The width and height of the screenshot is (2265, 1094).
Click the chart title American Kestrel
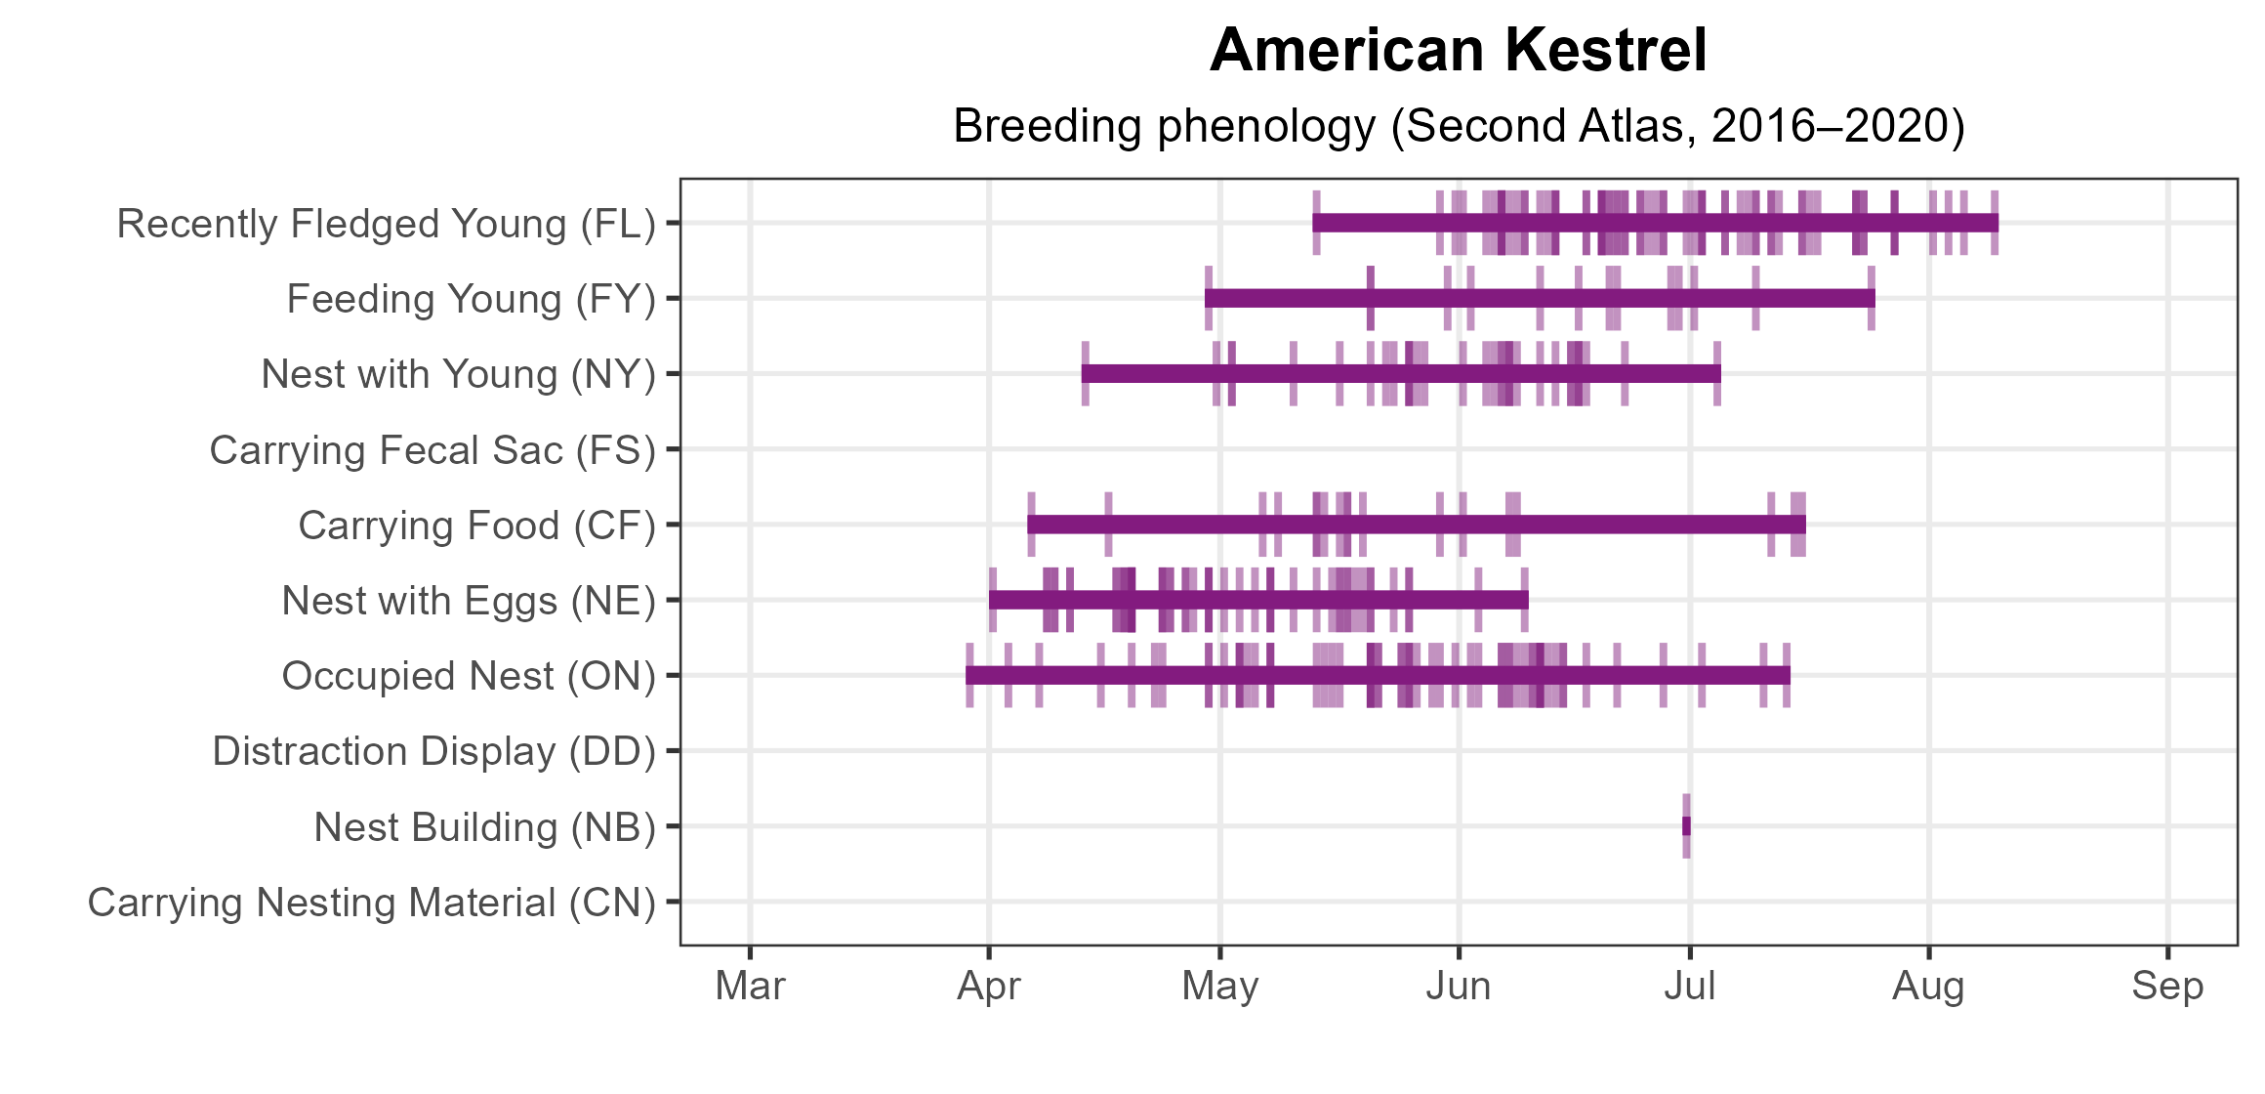point(1458,51)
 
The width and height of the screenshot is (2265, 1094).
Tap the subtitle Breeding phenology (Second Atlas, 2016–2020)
point(1458,126)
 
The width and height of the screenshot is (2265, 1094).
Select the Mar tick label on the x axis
point(750,987)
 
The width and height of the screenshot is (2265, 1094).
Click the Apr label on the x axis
point(988,987)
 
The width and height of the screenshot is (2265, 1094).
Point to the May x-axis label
point(1219,987)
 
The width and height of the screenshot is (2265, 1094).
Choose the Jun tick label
point(1458,987)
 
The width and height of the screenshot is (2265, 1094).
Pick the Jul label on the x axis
point(1689,987)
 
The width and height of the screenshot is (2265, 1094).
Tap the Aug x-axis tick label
point(1928,987)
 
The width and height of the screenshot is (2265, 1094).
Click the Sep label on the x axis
point(2166,987)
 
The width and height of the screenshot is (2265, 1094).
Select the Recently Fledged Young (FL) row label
point(386,224)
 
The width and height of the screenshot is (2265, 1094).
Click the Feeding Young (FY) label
point(471,299)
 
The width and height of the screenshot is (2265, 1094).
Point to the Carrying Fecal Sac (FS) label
point(432,450)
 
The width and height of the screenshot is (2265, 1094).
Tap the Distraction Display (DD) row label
point(433,752)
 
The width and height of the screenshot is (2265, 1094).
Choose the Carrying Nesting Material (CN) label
point(371,903)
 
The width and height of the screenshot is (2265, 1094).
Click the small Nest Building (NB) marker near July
point(1686,826)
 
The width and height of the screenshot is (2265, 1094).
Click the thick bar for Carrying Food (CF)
point(1416,525)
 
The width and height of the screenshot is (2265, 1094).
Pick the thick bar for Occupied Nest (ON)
point(1377,675)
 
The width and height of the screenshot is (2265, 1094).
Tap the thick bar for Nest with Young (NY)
point(1400,374)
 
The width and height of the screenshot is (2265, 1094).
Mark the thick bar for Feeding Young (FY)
point(1539,298)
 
